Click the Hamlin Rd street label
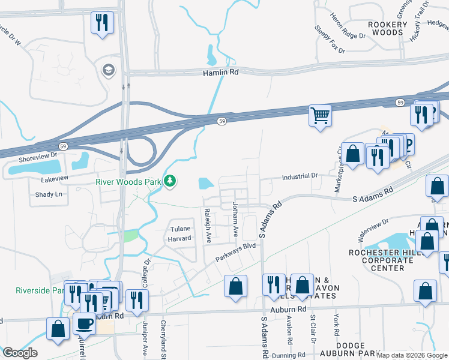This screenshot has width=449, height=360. [220, 72]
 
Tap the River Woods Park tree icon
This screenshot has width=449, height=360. [170, 181]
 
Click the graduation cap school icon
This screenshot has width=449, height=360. [109, 70]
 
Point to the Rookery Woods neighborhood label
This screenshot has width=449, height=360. [387, 28]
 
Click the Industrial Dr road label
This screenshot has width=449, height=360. [300, 176]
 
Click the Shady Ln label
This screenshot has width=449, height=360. [49, 194]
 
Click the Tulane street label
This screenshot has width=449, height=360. [181, 229]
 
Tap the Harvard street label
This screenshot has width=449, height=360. [178, 238]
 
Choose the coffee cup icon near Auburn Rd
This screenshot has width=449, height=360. [83, 323]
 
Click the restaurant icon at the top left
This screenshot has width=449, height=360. [101, 23]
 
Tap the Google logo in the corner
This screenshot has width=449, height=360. [19, 353]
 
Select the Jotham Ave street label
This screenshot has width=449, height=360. [235, 221]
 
